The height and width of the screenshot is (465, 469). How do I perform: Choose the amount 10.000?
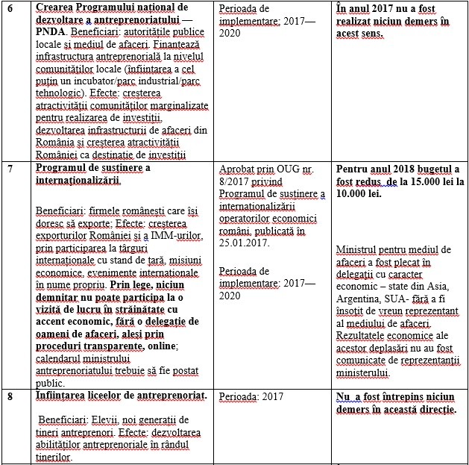coord(357,193)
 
